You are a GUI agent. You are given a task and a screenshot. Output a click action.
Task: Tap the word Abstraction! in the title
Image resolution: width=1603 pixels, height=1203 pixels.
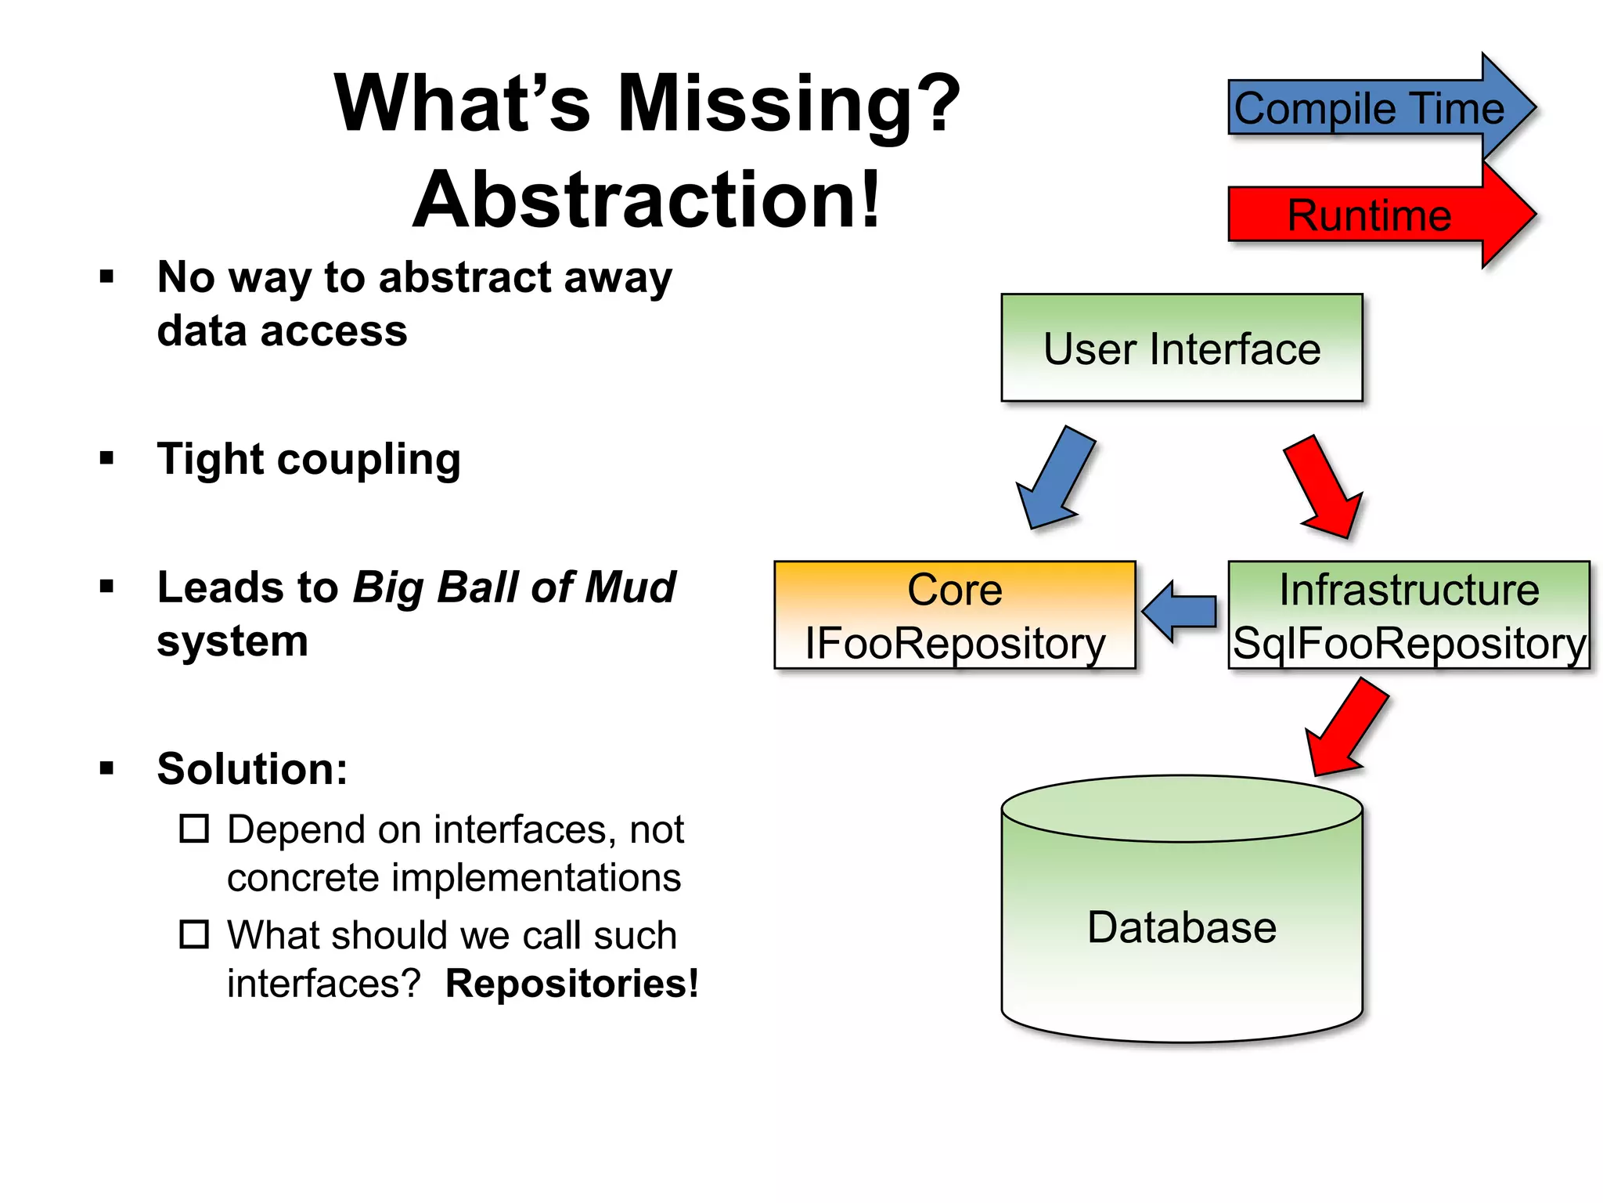[x=647, y=200]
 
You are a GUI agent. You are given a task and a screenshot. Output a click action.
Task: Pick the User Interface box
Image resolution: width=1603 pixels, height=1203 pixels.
[x=1182, y=348]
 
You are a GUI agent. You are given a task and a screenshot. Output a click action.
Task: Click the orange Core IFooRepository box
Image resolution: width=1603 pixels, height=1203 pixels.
[x=954, y=615]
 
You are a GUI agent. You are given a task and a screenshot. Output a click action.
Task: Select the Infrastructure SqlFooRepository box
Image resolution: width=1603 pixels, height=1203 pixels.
[x=1409, y=615]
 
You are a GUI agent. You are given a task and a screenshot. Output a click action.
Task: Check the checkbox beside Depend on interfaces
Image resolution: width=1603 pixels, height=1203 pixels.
[x=194, y=829]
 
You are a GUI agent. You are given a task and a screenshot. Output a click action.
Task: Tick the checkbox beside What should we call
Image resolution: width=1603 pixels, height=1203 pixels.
[x=194, y=934]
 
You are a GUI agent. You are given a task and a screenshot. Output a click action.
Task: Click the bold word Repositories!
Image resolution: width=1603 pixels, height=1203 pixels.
[x=571, y=984]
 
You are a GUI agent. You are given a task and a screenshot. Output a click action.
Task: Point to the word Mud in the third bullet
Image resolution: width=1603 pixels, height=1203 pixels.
[x=630, y=587]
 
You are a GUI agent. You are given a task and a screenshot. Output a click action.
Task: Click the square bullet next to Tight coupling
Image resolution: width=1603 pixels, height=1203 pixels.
[x=107, y=458]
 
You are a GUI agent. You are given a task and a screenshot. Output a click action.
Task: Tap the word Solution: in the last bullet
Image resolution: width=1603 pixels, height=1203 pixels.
[x=252, y=768]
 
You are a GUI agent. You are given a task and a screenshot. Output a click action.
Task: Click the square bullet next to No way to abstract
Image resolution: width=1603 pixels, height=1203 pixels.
[x=107, y=276]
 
